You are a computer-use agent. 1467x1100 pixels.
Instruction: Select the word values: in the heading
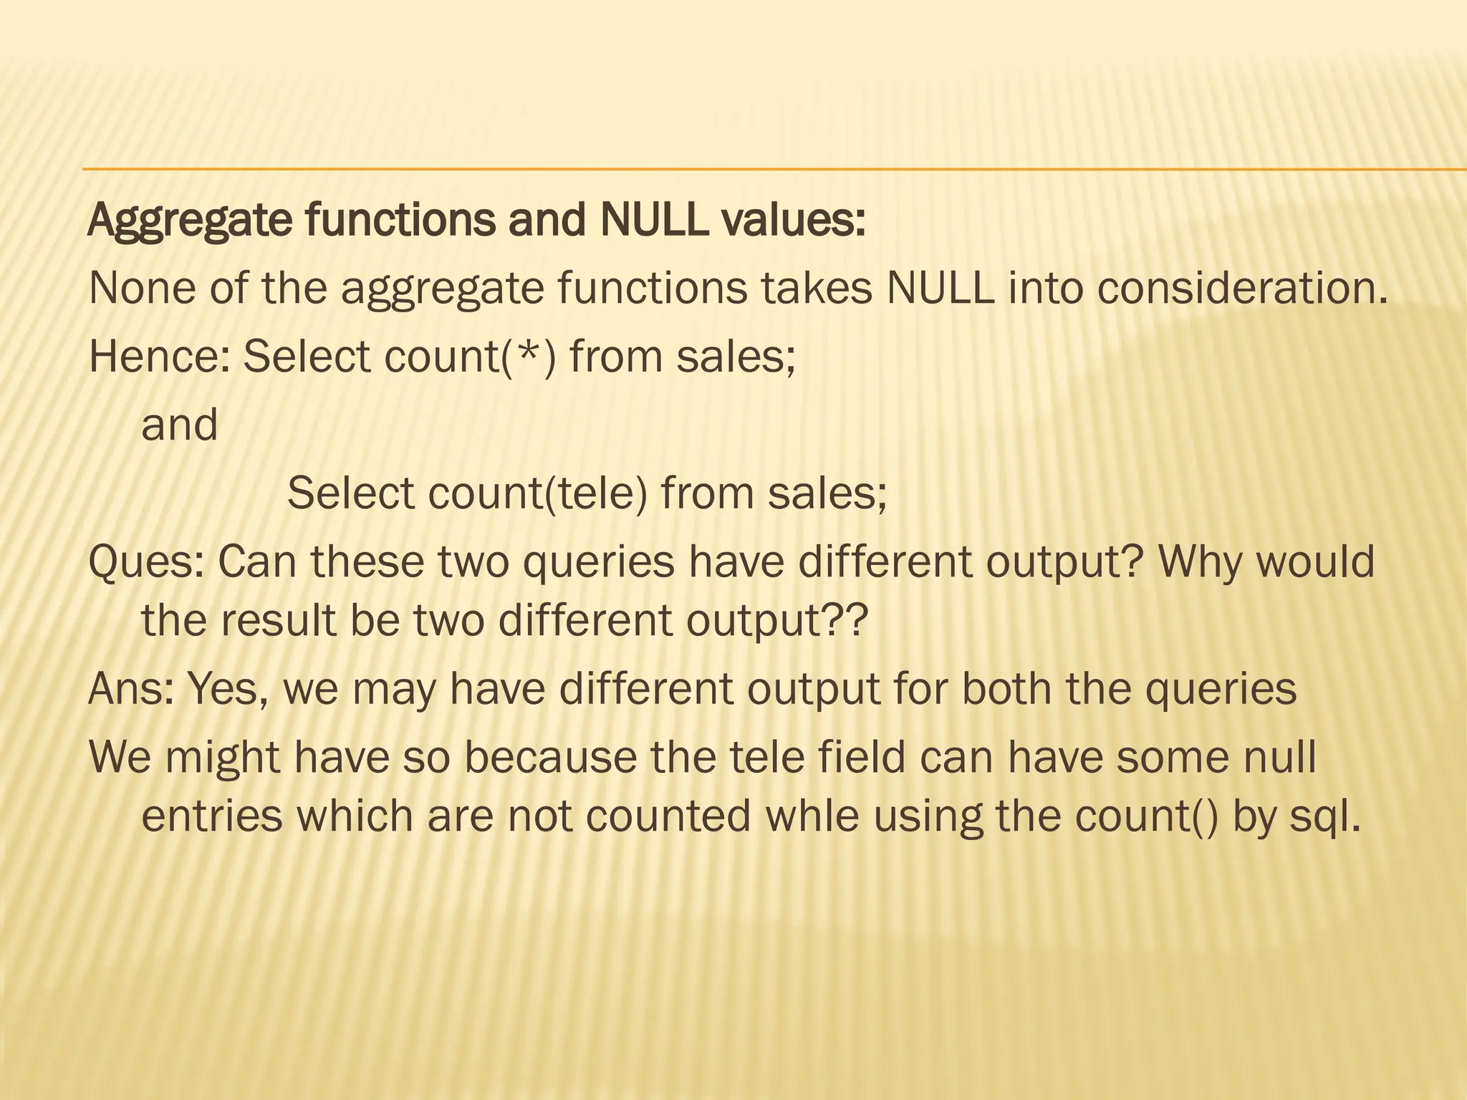[x=794, y=220]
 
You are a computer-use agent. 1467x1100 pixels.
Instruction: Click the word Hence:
[x=158, y=356]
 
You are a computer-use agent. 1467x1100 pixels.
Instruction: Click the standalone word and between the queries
[x=180, y=425]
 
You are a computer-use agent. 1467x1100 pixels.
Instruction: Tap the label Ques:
[x=147, y=561]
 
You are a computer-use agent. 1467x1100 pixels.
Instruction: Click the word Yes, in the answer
[x=229, y=688]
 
